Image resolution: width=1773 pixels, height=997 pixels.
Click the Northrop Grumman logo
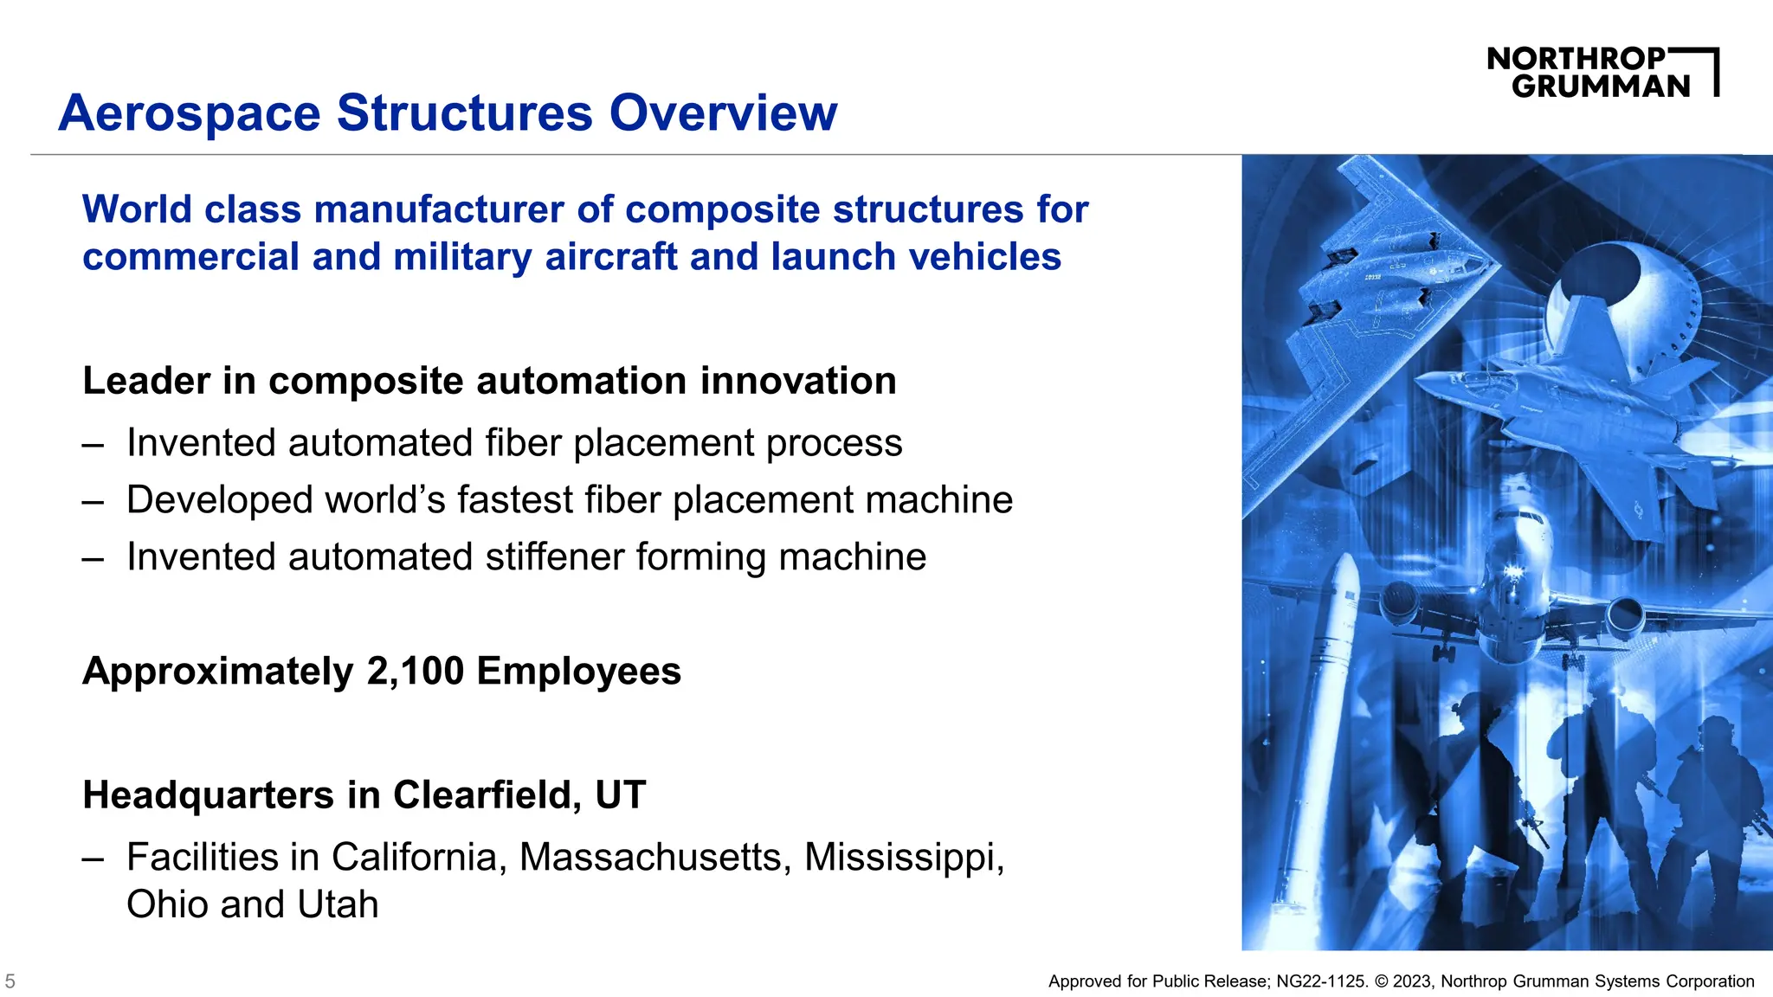click(x=1602, y=72)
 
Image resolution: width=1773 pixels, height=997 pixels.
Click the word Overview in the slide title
click(x=723, y=113)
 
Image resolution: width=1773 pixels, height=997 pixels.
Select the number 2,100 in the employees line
click(x=415, y=672)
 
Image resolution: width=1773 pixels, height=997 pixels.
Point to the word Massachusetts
click(x=654, y=858)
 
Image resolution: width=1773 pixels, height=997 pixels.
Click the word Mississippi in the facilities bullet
click(x=904, y=858)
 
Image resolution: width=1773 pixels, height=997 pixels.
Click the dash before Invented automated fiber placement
click(x=93, y=445)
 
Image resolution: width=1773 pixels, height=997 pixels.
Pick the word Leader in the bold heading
click(x=146, y=382)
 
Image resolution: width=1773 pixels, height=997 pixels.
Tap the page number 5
click(x=10, y=981)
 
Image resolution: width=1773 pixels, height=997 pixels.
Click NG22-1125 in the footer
click(x=1320, y=981)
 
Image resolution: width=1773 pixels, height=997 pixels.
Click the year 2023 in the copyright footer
click(x=1412, y=981)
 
